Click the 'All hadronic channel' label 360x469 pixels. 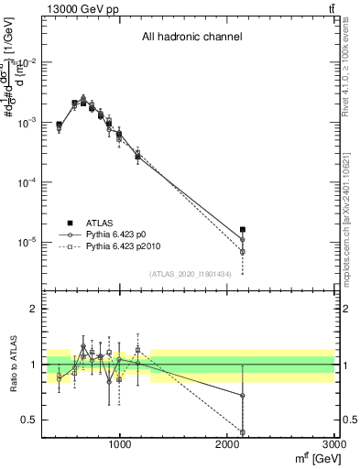point(191,38)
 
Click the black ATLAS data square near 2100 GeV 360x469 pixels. point(243,230)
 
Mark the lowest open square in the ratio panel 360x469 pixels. point(243,432)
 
